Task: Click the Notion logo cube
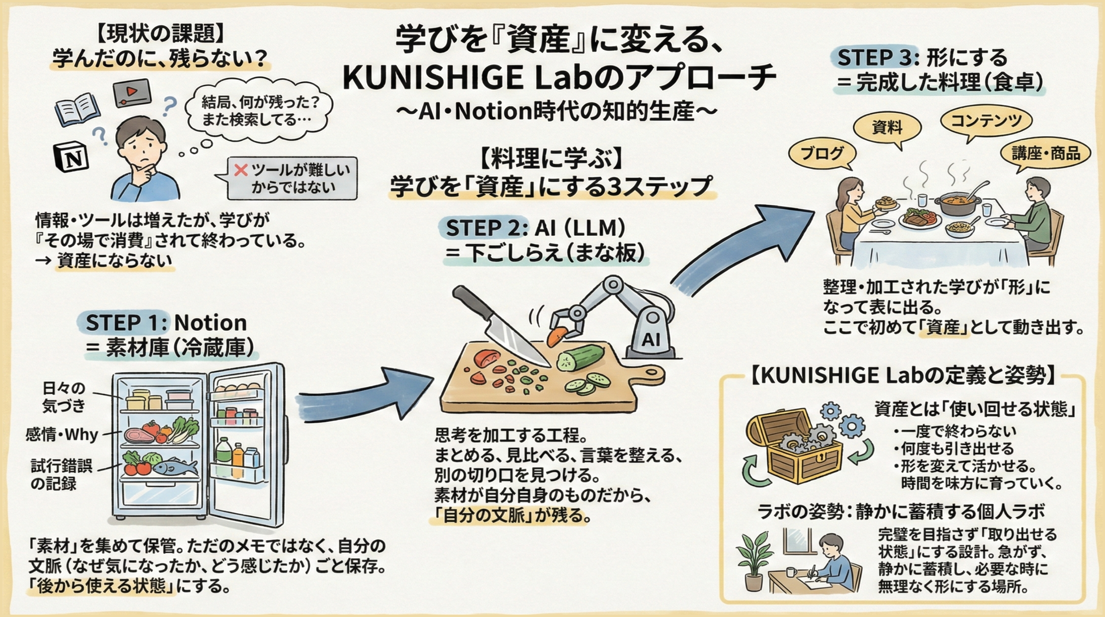coord(71,157)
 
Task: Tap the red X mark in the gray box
coord(240,170)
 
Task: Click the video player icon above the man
coord(132,92)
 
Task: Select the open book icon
coord(77,108)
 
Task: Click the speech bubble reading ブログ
coord(822,153)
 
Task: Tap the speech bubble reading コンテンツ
coord(986,121)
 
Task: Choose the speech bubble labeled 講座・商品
coord(1045,153)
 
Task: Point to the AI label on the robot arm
coord(651,340)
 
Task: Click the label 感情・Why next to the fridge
coord(61,435)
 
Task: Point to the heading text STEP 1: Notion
coord(166,323)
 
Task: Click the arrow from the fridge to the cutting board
coord(362,394)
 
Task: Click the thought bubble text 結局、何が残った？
coord(260,103)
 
